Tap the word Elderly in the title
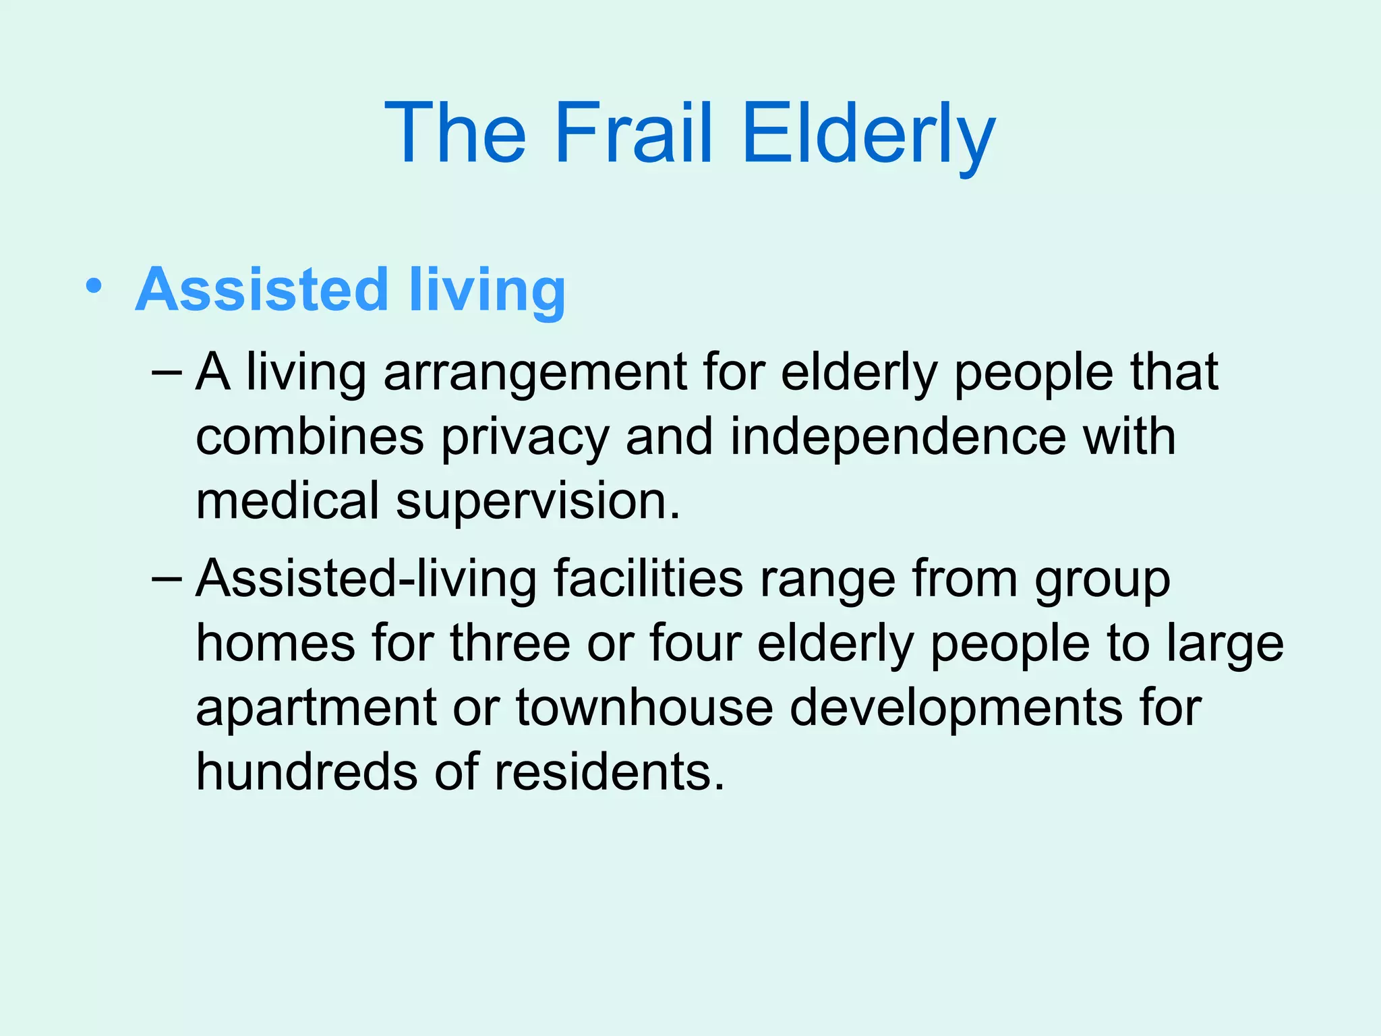tap(868, 132)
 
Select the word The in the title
tap(455, 132)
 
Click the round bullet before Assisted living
tap(94, 287)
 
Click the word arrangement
tap(535, 373)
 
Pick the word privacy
tap(525, 437)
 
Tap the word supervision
tap(537, 502)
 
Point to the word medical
tap(288, 500)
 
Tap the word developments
tap(957, 708)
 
